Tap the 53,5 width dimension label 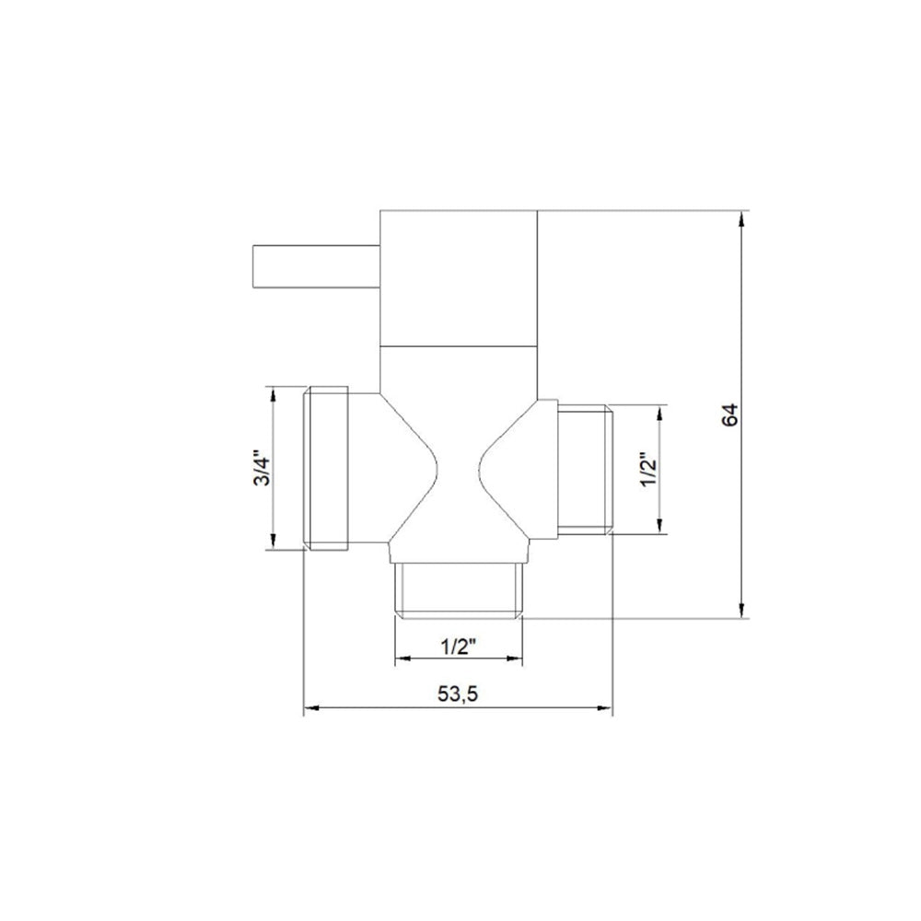click(x=458, y=694)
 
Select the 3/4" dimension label click(x=262, y=468)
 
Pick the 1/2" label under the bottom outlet click(x=458, y=647)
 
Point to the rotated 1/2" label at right click(x=649, y=470)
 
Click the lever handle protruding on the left click(x=316, y=267)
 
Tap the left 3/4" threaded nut click(x=325, y=468)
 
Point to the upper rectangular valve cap click(x=459, y=277)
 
